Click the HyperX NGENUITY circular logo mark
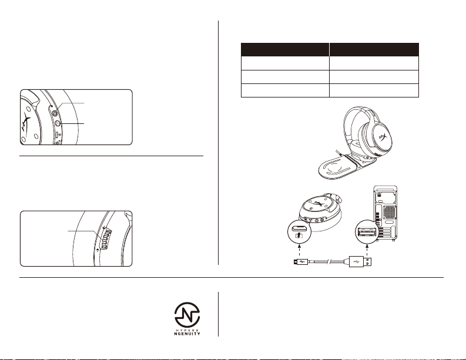187,315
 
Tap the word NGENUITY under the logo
187,334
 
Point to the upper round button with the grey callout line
55,113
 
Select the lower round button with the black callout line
58,123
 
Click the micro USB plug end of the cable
296,262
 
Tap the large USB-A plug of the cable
360,262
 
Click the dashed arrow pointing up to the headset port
299,250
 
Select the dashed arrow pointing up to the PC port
367,250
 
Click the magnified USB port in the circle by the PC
367,231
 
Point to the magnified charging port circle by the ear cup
299,233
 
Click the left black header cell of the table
285,49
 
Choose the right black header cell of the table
374,49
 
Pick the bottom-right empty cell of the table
374,90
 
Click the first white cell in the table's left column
285,63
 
